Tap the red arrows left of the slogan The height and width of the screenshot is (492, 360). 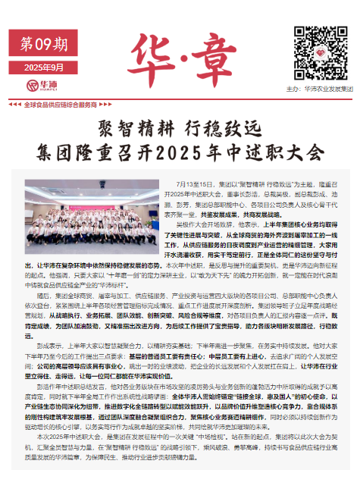coord(13,104)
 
